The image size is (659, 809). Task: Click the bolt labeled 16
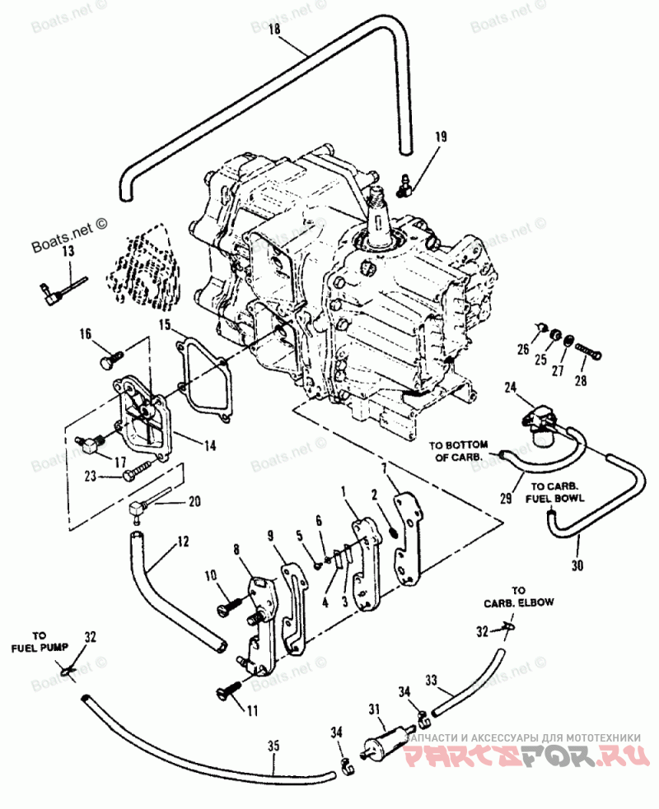coord(107,359)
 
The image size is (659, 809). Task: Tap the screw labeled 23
coord(134,475)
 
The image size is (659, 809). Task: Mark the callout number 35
coord(273,746)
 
